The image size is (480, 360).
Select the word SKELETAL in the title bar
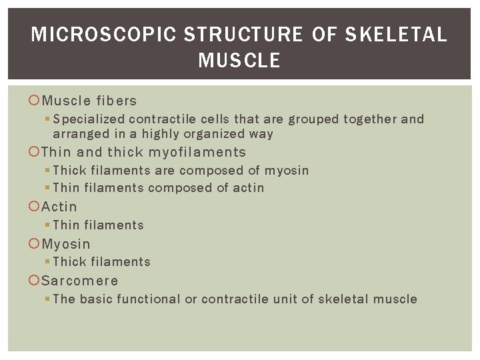point(396,35)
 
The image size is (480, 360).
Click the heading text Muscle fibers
point(89,101)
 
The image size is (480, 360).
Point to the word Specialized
point(89,120)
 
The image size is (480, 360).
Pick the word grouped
point(315,120)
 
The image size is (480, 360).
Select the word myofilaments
point(197,153)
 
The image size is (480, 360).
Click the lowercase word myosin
point(287,171)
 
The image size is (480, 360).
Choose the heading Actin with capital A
point(59,207)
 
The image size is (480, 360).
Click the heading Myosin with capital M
point(66,245)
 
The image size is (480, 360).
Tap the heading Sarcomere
point(80,281)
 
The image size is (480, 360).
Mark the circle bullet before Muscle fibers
point(35,101)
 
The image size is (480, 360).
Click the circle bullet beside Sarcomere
point(35,281)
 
